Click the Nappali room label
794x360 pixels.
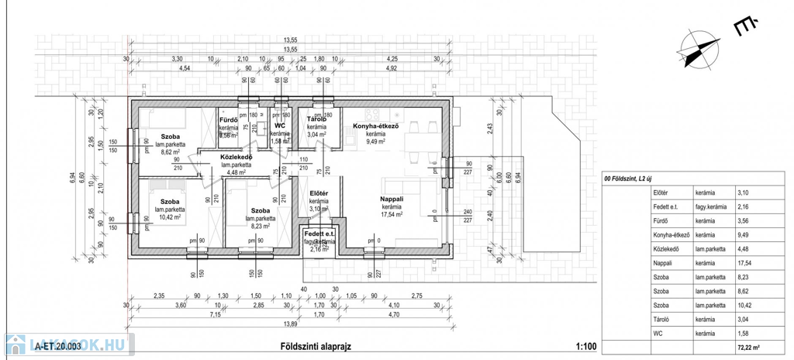391,199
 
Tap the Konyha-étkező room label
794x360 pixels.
375,126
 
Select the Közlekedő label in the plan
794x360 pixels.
236,157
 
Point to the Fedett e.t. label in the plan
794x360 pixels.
319,234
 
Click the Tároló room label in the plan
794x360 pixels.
316,119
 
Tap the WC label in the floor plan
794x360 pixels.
281,125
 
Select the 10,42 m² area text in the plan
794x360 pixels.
170,217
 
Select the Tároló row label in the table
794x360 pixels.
661,319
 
